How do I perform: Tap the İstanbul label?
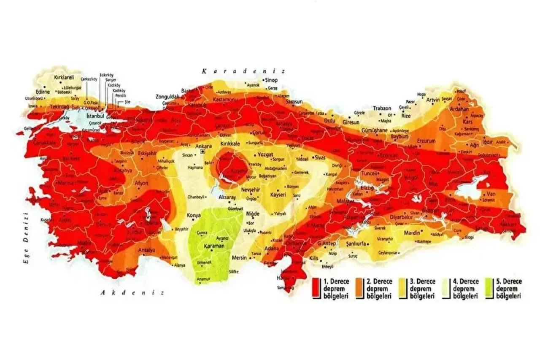(95, 115)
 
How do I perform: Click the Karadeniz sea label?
(243, 71)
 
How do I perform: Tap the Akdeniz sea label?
(132, 292)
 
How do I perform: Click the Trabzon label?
(382, 108)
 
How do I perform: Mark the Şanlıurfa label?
(355, 244)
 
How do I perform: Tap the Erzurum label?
(425, 140)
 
